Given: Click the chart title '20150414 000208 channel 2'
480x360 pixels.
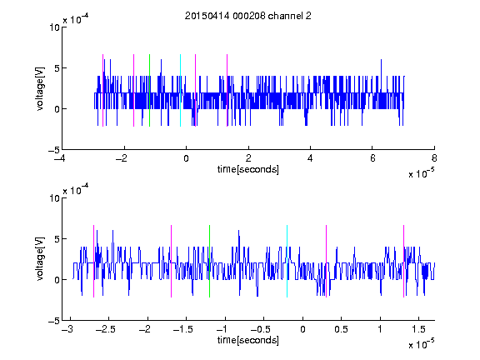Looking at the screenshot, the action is [x=248, y=16].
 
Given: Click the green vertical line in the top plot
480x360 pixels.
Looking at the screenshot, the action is [x=149, y=90].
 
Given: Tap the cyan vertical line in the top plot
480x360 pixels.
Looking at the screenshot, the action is [x=180, y=90].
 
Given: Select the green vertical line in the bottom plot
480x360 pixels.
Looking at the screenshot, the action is [x=210, y=261].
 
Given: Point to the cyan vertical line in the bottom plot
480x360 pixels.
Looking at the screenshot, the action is [x=287, y=261].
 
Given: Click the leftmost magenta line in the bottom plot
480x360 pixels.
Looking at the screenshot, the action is [x=93, y=261].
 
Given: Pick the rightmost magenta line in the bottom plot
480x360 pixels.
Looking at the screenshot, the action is [x=404, y=261].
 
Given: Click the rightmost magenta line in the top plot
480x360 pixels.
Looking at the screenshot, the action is [x=227, y=90].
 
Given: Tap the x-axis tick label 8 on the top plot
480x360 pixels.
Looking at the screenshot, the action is [x=434, y=158].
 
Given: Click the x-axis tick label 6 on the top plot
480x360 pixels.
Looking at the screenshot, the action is [x=372, y=158].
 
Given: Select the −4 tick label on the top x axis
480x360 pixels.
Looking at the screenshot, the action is [x=60, y=158].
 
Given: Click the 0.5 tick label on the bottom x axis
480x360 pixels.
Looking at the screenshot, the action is [x=341, y=329].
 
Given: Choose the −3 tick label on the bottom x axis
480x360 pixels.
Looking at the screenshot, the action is [x=67, y=329].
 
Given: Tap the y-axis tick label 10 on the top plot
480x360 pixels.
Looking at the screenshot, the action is [x=55, y=27].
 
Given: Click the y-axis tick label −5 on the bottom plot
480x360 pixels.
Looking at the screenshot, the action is [x=54, y=321].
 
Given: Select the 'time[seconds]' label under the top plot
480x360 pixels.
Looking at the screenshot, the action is [x=248, y=169].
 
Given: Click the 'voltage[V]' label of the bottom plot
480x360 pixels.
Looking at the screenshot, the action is [x=40, y=259].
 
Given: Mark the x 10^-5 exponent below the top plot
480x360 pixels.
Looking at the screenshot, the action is [x=421, y=172].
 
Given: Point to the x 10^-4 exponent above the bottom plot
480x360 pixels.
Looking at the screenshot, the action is [x=76, y=189].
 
